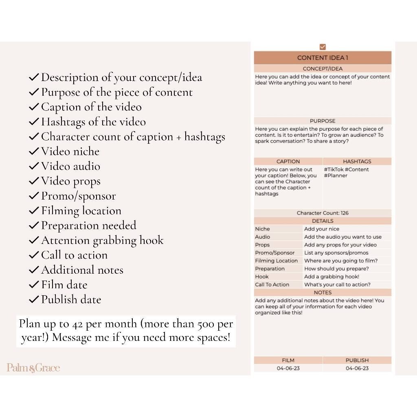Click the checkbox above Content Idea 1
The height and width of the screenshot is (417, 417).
coord(323,47)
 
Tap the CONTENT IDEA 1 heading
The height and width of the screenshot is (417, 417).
coord(323,58)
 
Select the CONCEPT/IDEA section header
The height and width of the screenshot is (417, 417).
coord(323,69)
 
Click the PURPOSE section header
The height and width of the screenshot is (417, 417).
coord(323,121)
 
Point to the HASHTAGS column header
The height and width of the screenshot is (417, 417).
coord(357,161)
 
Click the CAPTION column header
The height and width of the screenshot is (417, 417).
coord(288,161)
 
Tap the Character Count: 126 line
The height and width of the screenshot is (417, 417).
coord(323,213)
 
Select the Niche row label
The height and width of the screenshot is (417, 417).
coord(263,229)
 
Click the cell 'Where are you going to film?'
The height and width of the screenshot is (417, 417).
coord(341,261)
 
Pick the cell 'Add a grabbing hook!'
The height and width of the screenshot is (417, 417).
coord(331,277)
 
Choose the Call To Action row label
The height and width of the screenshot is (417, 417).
coord(272,285)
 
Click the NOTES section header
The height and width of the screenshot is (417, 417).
coord(323,292)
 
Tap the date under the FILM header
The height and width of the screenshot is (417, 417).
coord(288,368)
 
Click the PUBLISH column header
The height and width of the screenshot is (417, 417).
coord(357,360)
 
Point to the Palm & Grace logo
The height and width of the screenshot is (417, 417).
coord(33,368)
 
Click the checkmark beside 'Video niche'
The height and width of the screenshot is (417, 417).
coord(34,151)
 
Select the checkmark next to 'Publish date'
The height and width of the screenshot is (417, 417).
coord(34,300)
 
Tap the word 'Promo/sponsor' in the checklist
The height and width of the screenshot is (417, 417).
coord(78,196)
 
